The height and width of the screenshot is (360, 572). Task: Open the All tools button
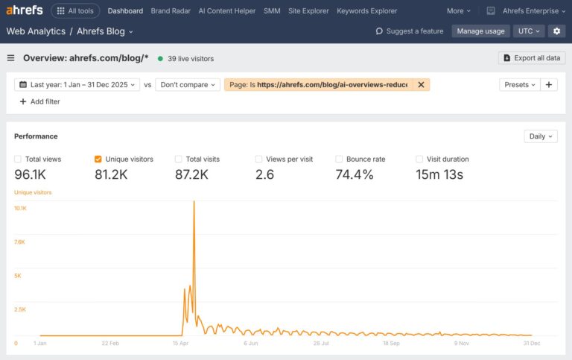75,11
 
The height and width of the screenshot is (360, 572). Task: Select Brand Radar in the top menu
171,11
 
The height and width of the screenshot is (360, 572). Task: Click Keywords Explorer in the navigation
366,11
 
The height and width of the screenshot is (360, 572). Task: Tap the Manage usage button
480,31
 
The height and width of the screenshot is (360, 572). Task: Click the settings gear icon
556,31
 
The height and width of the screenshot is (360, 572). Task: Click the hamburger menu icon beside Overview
11,58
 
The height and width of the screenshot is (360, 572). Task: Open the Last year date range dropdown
77,85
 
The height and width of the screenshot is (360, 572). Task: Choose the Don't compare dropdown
188,85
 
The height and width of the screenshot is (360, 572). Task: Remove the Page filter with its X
421,85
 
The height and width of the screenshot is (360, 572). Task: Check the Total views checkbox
18,159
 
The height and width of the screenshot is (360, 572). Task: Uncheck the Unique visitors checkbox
98,159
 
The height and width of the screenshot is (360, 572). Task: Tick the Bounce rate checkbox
339,159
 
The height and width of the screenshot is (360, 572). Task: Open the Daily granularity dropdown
540,136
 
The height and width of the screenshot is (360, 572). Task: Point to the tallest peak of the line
194,202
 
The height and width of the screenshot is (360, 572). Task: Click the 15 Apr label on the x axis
180,344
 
